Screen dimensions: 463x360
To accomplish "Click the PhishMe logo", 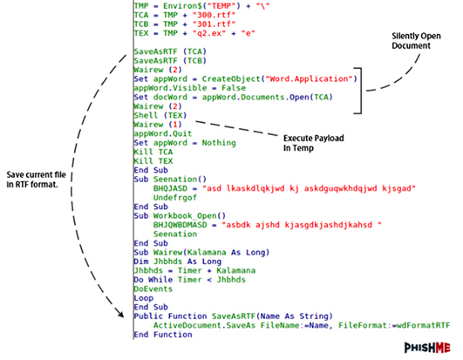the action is click(427, 348).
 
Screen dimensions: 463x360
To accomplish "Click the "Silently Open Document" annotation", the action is click(416, 41).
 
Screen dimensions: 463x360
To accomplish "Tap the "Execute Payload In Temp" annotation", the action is click(314, 143).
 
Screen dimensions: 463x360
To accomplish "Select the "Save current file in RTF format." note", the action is click(36, 180).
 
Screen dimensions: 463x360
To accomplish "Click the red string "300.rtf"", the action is click(214, 15).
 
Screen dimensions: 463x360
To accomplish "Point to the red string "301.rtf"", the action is click(214, 24).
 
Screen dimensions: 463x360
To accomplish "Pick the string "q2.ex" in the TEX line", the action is click(209, 33).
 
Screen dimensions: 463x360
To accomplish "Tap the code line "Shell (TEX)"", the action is click(160, 115).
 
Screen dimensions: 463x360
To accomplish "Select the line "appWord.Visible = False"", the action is click(189, 88).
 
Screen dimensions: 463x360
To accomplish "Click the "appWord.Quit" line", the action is click(163, 133).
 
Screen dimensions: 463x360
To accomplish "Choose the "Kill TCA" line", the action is click(153, 152).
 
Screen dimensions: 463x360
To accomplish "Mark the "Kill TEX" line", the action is click(153, 160).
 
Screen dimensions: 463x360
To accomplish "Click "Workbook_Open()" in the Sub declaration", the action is click(189, 215).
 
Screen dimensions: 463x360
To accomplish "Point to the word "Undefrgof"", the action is click(174, 197).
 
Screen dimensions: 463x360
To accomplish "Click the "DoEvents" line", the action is click(153, 289).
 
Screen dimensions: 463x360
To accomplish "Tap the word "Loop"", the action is click(144, 298).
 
